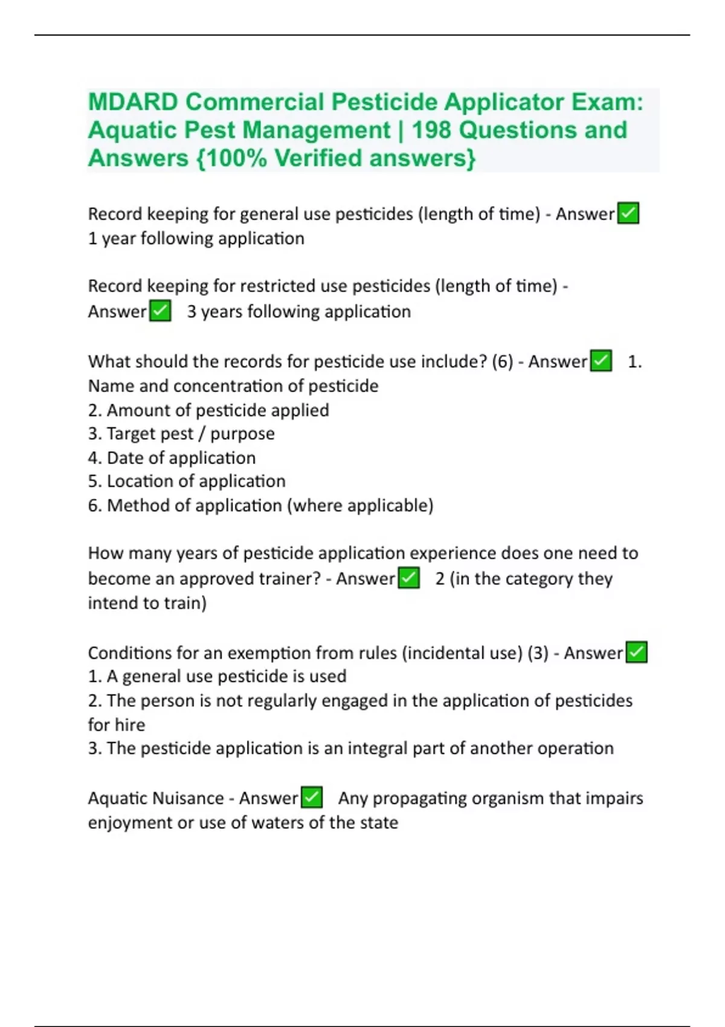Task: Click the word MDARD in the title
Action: coord(132,102)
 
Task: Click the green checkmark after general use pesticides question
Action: coord(628,213)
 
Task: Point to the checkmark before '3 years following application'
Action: coord(160,311)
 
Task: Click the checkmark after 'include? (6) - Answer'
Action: coord(601,361)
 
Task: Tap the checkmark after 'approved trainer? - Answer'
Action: coord(409,578)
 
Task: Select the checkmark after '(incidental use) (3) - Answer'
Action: coord(637,652)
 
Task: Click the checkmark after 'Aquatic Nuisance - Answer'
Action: coord(312,797)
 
